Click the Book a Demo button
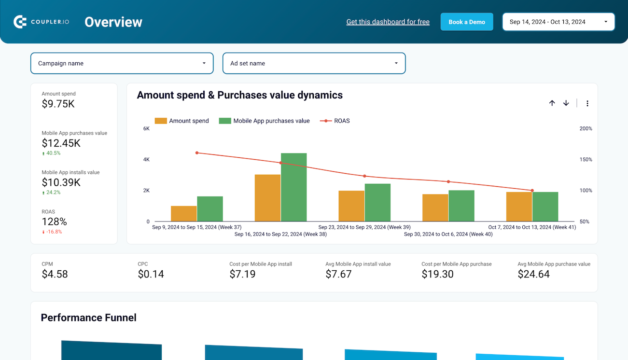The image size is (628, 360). (x=467, y=22)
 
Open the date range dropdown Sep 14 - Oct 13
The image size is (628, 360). (x=558, y=22)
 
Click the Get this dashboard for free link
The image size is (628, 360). (x=388, y=22)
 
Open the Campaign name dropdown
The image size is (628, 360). (x=122, y=63)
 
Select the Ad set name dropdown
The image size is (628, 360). (x=314, y=63)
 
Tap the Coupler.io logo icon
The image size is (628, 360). (x=20, y=22)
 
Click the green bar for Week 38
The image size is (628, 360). (x=293, y=187)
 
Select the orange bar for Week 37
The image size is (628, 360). (x=184, y=214)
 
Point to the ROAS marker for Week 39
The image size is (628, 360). (x=364, y=176)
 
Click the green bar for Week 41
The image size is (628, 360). (x=545, y=207)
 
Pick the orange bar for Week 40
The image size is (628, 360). (x=435, y=208)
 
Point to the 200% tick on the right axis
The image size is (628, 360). (x=586, y=129)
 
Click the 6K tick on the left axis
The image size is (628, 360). (x=146, y=129)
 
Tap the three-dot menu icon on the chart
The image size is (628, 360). (x=587, y=103)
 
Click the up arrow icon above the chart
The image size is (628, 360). (x=552, y=103)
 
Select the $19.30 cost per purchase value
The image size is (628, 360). (x=437, y=274)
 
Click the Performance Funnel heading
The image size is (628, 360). (x=89, y=318)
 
